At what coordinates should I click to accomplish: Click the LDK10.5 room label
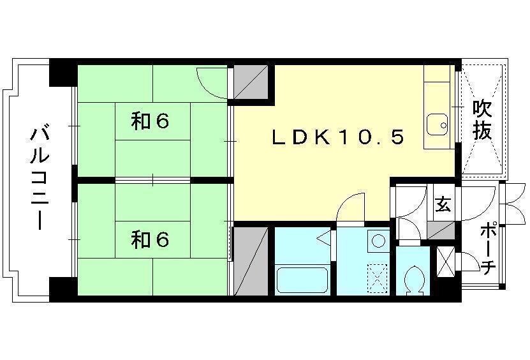(x=338, y=137)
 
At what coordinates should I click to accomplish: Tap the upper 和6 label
(x=150, y=121)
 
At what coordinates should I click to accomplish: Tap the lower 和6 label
(x=150, y=239)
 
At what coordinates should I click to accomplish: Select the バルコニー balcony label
(x=40, y=178)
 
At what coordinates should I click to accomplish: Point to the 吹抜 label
(x=482, y=120)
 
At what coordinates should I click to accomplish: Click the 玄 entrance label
(x=443, y=204)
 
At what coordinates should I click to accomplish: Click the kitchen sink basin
(x=437, y=125)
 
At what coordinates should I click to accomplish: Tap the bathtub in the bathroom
(x=302, y=280)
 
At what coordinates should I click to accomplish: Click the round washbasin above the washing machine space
(x=378, y=241)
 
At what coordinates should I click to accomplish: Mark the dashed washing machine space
(x=378, y=278)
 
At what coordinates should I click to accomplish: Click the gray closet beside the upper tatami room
(x=251, y=82)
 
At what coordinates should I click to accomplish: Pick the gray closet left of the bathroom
(x=251, y=261)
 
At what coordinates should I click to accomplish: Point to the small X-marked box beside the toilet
(x=446, y=262)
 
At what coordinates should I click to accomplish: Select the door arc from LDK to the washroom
(x=351, y=207)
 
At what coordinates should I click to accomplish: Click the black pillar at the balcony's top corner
(x=63, y=73)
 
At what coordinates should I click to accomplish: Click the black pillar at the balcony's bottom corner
(x=63, y=289)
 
